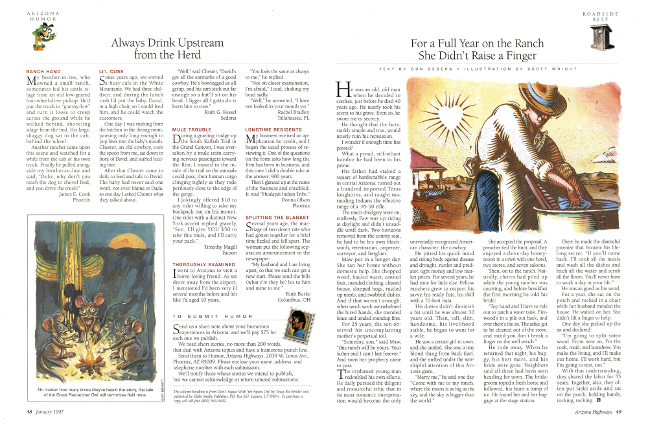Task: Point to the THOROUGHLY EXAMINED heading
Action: point(198,266)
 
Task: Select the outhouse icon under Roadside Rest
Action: point(599,37)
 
